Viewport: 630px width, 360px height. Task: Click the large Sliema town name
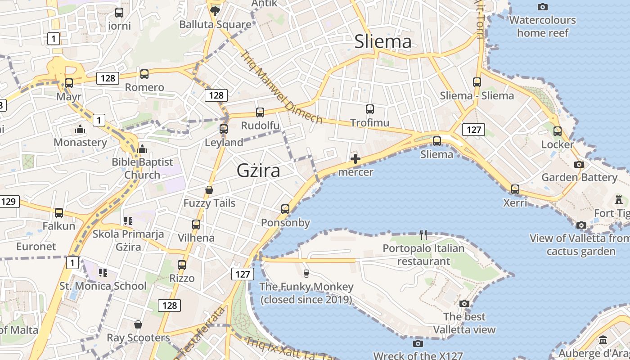coord(383,42)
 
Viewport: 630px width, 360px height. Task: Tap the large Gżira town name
coord(258,171)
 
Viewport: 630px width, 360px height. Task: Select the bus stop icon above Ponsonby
coord(285,209)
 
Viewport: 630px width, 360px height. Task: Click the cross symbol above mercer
coord(355,159)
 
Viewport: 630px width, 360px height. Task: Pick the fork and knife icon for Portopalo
coord(423,234)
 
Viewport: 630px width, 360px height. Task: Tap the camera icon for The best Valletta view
coord(464,304)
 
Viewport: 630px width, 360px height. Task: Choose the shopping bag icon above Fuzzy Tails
coord(209,190)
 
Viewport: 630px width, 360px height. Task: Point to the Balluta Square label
coord(215,24)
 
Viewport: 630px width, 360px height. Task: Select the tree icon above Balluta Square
coord(215,11)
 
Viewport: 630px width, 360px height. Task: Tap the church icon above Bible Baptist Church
coord(142,148)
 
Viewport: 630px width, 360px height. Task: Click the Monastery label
coord(80,143)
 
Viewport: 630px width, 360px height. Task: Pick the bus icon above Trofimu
coord(370,109)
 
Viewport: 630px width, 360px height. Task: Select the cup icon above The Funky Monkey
coord(306,273)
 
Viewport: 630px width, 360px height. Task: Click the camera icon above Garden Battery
coord(579,164)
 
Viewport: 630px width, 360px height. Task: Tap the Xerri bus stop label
coord(515,203)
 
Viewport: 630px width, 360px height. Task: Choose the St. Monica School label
coord(103,286)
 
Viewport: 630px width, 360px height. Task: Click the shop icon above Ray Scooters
coord(138,324)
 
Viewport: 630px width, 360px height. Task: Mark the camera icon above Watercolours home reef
coord(543,7)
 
